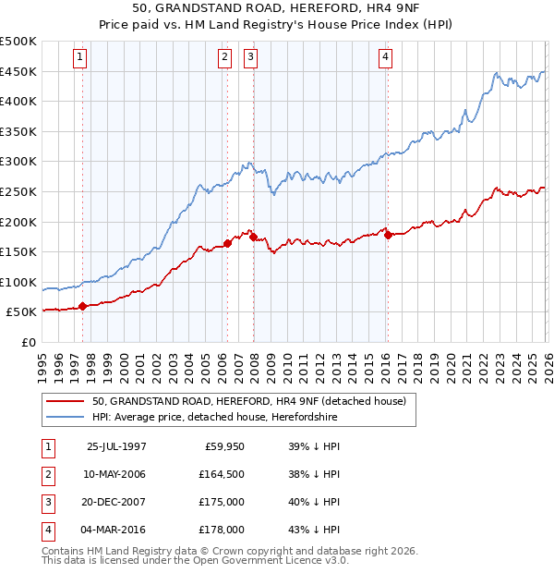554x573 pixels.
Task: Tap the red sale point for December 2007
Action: [x=253, y=237]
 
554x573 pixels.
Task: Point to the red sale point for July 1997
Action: [x=83, y=306]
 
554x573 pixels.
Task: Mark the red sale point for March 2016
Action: [x=387, y=235]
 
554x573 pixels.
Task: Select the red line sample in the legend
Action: [x=65, y=401]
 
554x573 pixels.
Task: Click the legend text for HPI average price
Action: [x=214, y=418]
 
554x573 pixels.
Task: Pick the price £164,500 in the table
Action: [x=223, y=474]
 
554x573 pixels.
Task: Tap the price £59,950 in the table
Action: [x=224, y=446]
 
